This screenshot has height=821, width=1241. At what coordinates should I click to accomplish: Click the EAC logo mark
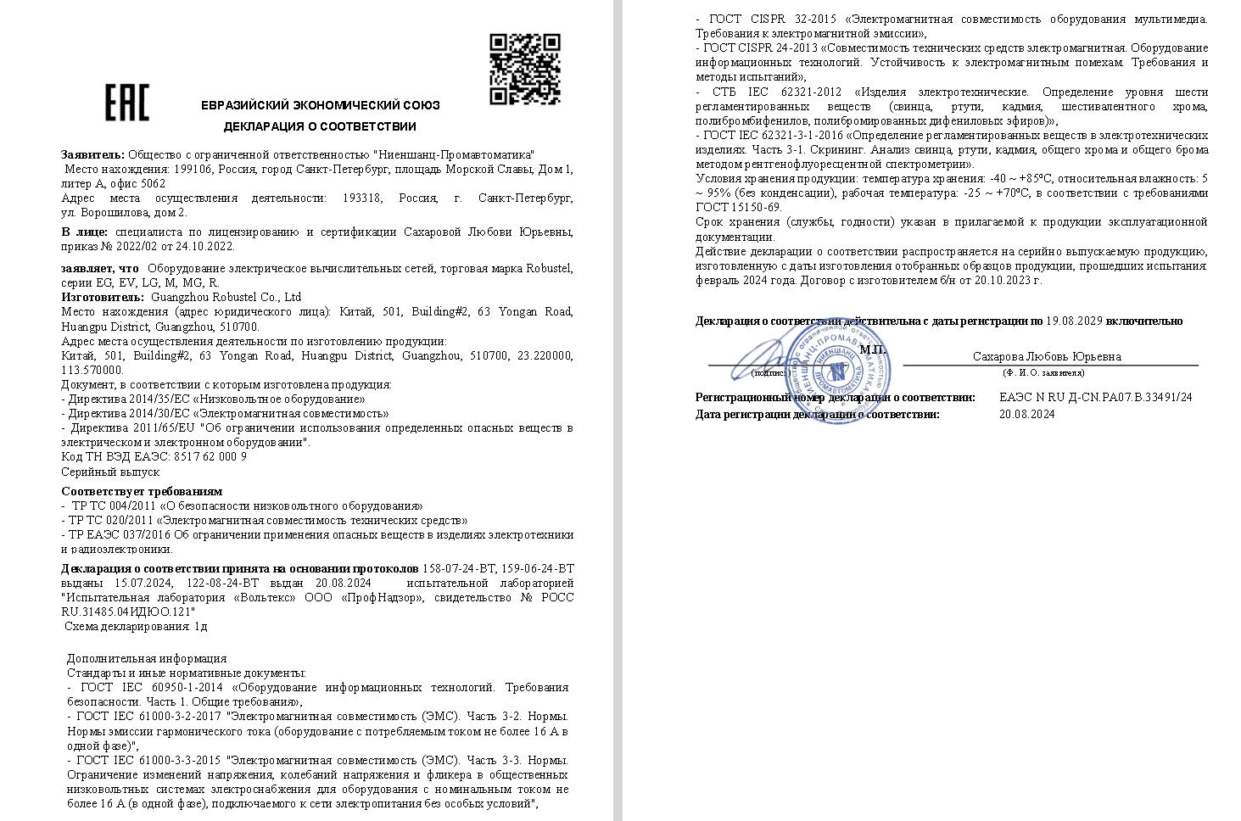126,103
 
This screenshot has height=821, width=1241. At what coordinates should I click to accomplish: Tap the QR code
525,69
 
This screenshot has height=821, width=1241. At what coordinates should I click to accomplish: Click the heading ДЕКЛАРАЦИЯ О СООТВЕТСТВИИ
320,126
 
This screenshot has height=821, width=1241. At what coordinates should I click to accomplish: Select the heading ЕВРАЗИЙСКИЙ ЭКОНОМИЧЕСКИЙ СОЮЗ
320,105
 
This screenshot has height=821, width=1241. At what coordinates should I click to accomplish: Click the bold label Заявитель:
92,154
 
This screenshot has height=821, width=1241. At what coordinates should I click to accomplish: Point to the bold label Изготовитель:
103,297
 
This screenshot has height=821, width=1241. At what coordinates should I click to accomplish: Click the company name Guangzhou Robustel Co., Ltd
226,297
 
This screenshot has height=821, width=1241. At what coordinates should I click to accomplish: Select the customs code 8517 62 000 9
210,456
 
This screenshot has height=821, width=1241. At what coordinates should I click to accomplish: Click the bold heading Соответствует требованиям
142,491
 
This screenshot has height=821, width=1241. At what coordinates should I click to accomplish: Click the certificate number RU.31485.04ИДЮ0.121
128,611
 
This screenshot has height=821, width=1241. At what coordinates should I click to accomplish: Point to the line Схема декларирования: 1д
136,626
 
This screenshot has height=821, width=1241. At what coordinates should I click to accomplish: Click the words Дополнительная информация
147,658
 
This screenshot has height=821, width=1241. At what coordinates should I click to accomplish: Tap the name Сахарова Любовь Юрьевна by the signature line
1047,357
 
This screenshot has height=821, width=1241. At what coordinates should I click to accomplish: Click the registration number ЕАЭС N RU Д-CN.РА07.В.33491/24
1095,397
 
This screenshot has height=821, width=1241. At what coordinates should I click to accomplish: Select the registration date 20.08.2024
1026,415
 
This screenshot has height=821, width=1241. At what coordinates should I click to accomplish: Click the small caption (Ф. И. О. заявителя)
1043,372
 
